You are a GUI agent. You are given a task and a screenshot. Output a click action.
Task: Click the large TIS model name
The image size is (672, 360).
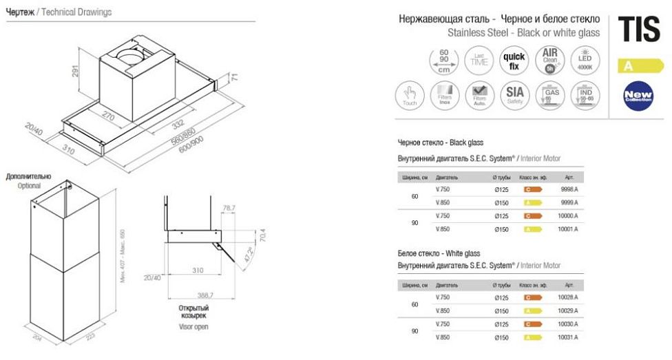pyautogui.click(x=640, y=31)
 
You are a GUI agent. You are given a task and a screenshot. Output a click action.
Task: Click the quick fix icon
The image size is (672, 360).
pyautogui.click(x=514, y=61)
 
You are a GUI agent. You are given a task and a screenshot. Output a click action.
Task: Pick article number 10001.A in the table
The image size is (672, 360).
pyautogui.click(x=568, y=229)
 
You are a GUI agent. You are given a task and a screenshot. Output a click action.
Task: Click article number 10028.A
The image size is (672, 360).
pyautogui.click(x=568, y=297)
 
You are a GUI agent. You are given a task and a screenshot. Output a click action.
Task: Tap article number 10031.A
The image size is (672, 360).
pyautogui.click(x=568, y=337)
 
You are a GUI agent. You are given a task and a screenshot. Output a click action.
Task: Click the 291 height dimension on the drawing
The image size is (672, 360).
pyautogui.click(x=81, y=70)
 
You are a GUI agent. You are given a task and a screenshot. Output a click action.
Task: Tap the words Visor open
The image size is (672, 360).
pyautogui.click(x=193, y=327)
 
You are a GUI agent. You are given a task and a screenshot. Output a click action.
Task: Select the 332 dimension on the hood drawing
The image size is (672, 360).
pyautogui.click(x=174, y=124)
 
